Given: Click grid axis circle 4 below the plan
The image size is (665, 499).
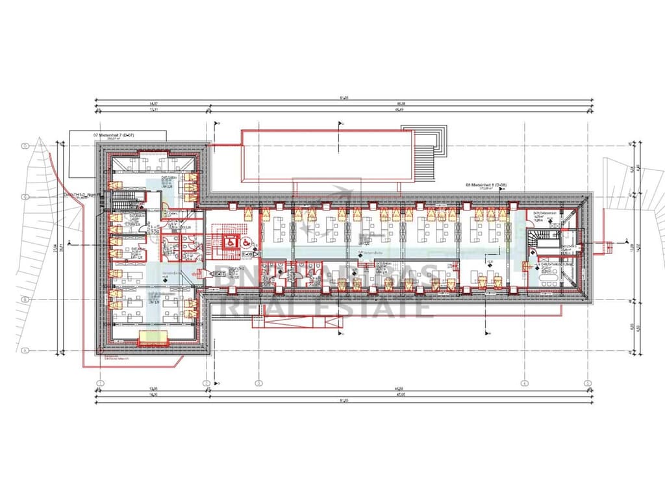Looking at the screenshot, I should click(x=523, y=383).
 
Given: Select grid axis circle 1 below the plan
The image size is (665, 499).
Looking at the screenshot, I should click(x=101, y=383).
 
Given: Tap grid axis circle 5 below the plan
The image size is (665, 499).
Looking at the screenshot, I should click(x=587, y=383).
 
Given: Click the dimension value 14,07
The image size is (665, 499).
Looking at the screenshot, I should click(x=153, y=103).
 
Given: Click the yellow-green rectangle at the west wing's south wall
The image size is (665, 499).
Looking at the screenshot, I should click(x=153, y=337).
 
